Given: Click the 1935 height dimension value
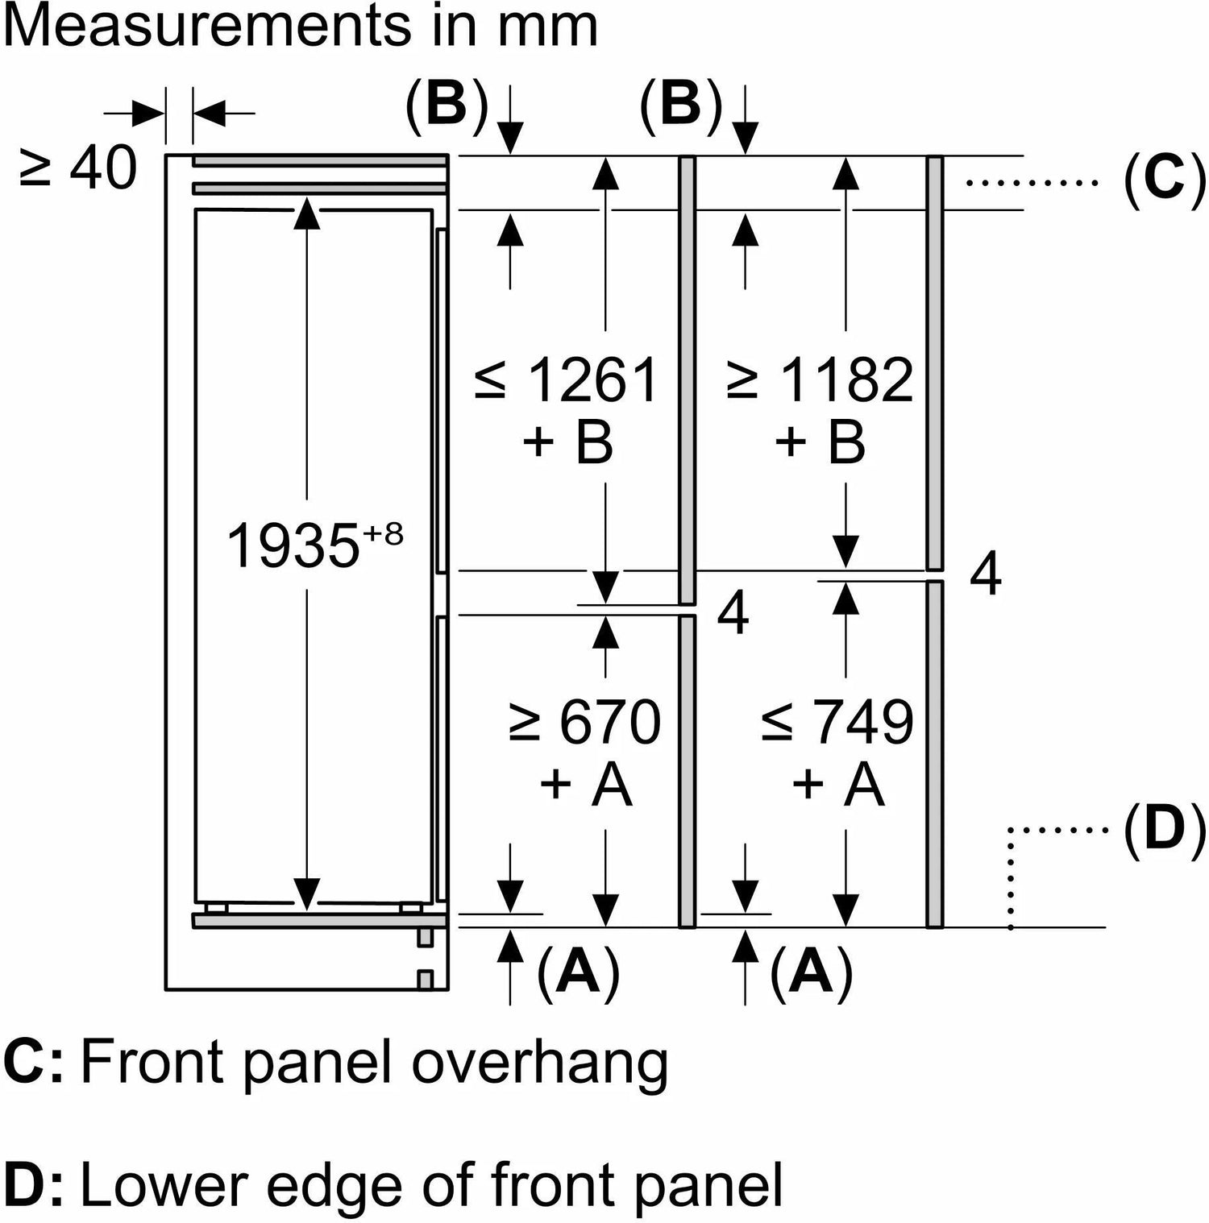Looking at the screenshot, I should pos(292,546).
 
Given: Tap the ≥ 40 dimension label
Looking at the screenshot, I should pos(78,170).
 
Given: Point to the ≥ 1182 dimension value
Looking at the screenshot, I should pos(820,380).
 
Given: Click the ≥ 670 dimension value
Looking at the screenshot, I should pos(584,723).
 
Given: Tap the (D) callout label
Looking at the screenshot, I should pos(1164,830).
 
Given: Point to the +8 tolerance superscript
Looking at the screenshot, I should pos(383,533).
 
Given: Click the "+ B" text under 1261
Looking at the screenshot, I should pos(567,442).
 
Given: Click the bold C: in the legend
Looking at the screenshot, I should pos(32,1063).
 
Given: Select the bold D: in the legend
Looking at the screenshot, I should pos(32,1184).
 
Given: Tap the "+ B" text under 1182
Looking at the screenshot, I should pos(821,442).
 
